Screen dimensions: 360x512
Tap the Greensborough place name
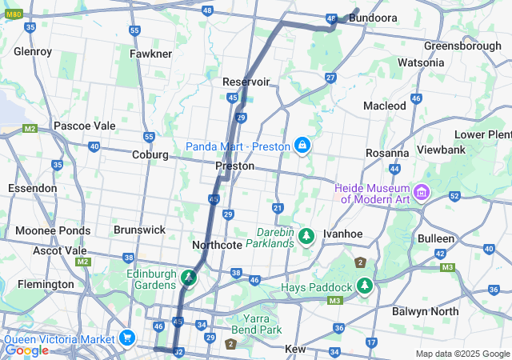click(x=462, y=46)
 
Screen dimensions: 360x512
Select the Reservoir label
click(x=246, y=82)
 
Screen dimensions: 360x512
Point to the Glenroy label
click(x=33, y=52)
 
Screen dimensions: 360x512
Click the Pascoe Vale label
click(x=84, y=126)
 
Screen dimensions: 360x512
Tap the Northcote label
click(x=217, y=245)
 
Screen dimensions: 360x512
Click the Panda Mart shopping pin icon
click(x=302, y=146)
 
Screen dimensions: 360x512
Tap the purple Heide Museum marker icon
click(x=422, y=192)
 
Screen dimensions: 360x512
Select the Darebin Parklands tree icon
click(x=306, y=236)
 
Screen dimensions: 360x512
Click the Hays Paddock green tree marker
click(x=365, y=286)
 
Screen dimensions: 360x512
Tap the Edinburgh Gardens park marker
click(x=189, y=278)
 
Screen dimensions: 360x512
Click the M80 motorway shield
click(x=12, y=12)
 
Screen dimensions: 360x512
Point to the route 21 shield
click(x=278, y=208)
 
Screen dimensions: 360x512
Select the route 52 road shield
click(x=454, y=196)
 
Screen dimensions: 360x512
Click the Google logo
click(x=26, y=350)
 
